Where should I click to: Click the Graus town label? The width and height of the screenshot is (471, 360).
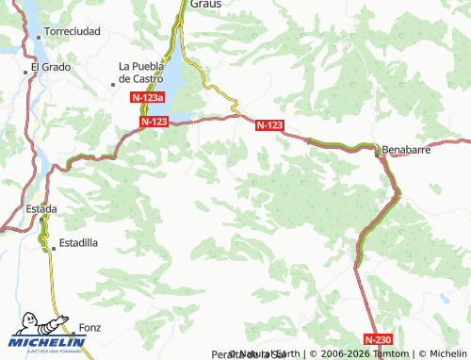coord(205,4)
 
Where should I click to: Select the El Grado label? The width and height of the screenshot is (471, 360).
coord(50,67)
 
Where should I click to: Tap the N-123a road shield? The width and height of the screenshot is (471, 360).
coord(148,98)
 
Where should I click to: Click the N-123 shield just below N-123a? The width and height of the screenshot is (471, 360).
coord(154,123)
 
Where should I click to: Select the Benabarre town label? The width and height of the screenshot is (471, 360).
coord(411,149)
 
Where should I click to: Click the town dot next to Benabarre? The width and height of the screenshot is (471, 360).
coord(381,150)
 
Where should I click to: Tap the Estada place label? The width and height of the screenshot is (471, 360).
coord(41,208)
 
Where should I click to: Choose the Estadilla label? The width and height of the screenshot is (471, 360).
coord(78,243)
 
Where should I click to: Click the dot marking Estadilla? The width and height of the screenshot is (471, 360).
coord(53,243)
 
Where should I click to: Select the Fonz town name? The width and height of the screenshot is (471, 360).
coord(91,328)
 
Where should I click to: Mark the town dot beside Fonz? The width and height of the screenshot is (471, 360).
coord(73,328)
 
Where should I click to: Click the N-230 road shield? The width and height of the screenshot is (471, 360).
coord(377,338)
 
